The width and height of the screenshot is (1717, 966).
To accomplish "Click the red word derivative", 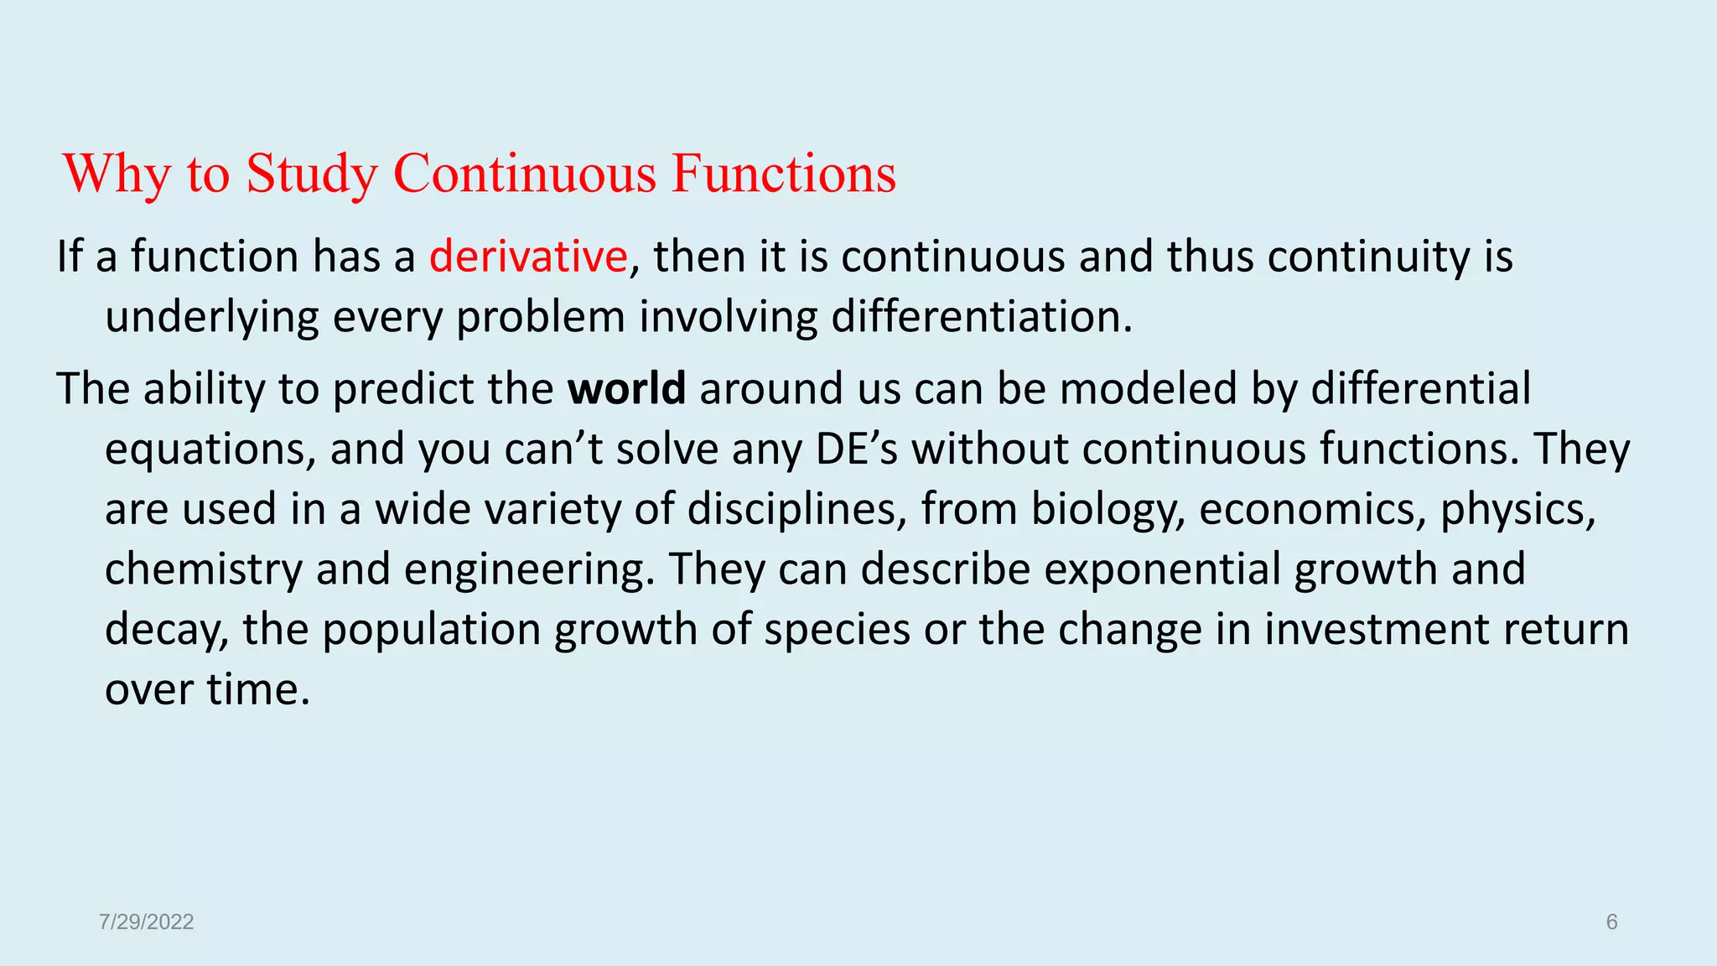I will coord(528,257).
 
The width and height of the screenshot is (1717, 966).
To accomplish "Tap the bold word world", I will coord(626,389).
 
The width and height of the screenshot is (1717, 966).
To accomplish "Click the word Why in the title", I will coord(117,174).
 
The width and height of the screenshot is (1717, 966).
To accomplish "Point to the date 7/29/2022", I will coord(146,922).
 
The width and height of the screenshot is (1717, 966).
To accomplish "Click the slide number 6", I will coord(1611,922).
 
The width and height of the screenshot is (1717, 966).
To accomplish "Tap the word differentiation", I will coord(981,318).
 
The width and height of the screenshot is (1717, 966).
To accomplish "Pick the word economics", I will coord(1313,510).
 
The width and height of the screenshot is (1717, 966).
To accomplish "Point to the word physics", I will coord(1517,510).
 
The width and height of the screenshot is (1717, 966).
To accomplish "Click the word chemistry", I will coord(203,570).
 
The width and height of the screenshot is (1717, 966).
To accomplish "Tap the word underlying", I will coord(212,318).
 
